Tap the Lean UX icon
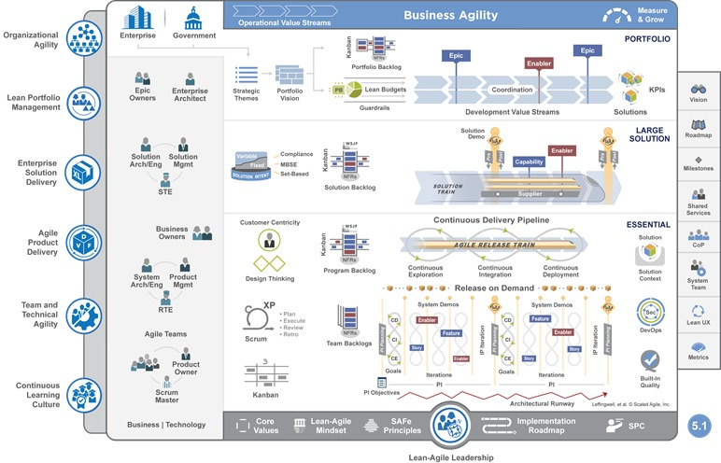click(699, 311)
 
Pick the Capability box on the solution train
click(529, 161)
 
